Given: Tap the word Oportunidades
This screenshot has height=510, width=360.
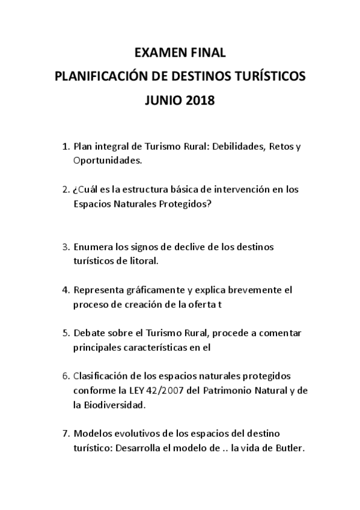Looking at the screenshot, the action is point(107,161).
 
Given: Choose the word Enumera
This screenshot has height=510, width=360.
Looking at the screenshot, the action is point(93,247).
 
